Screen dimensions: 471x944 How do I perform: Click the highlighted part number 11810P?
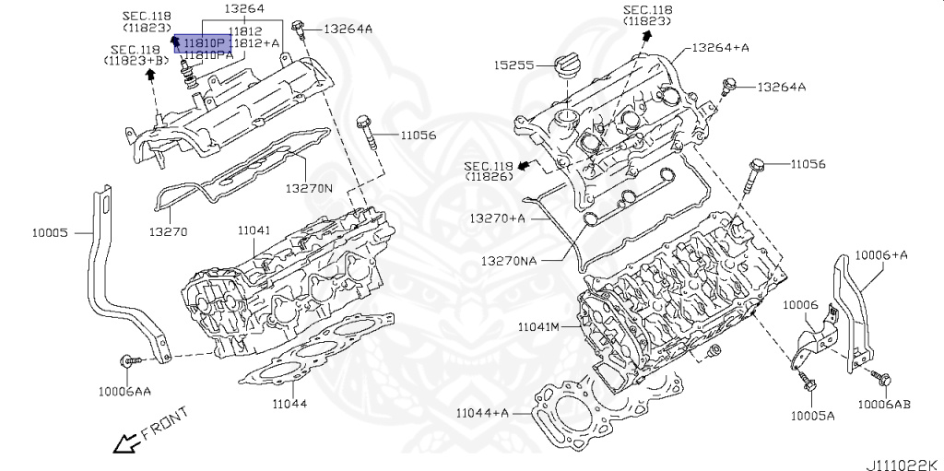pos(202,43)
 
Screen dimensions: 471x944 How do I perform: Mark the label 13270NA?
pos(509,260)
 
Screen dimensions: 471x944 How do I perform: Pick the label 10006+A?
pos(880,254)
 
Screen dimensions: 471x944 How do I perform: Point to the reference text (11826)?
pos(488,175)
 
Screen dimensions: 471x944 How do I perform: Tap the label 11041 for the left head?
pos(253,230)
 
